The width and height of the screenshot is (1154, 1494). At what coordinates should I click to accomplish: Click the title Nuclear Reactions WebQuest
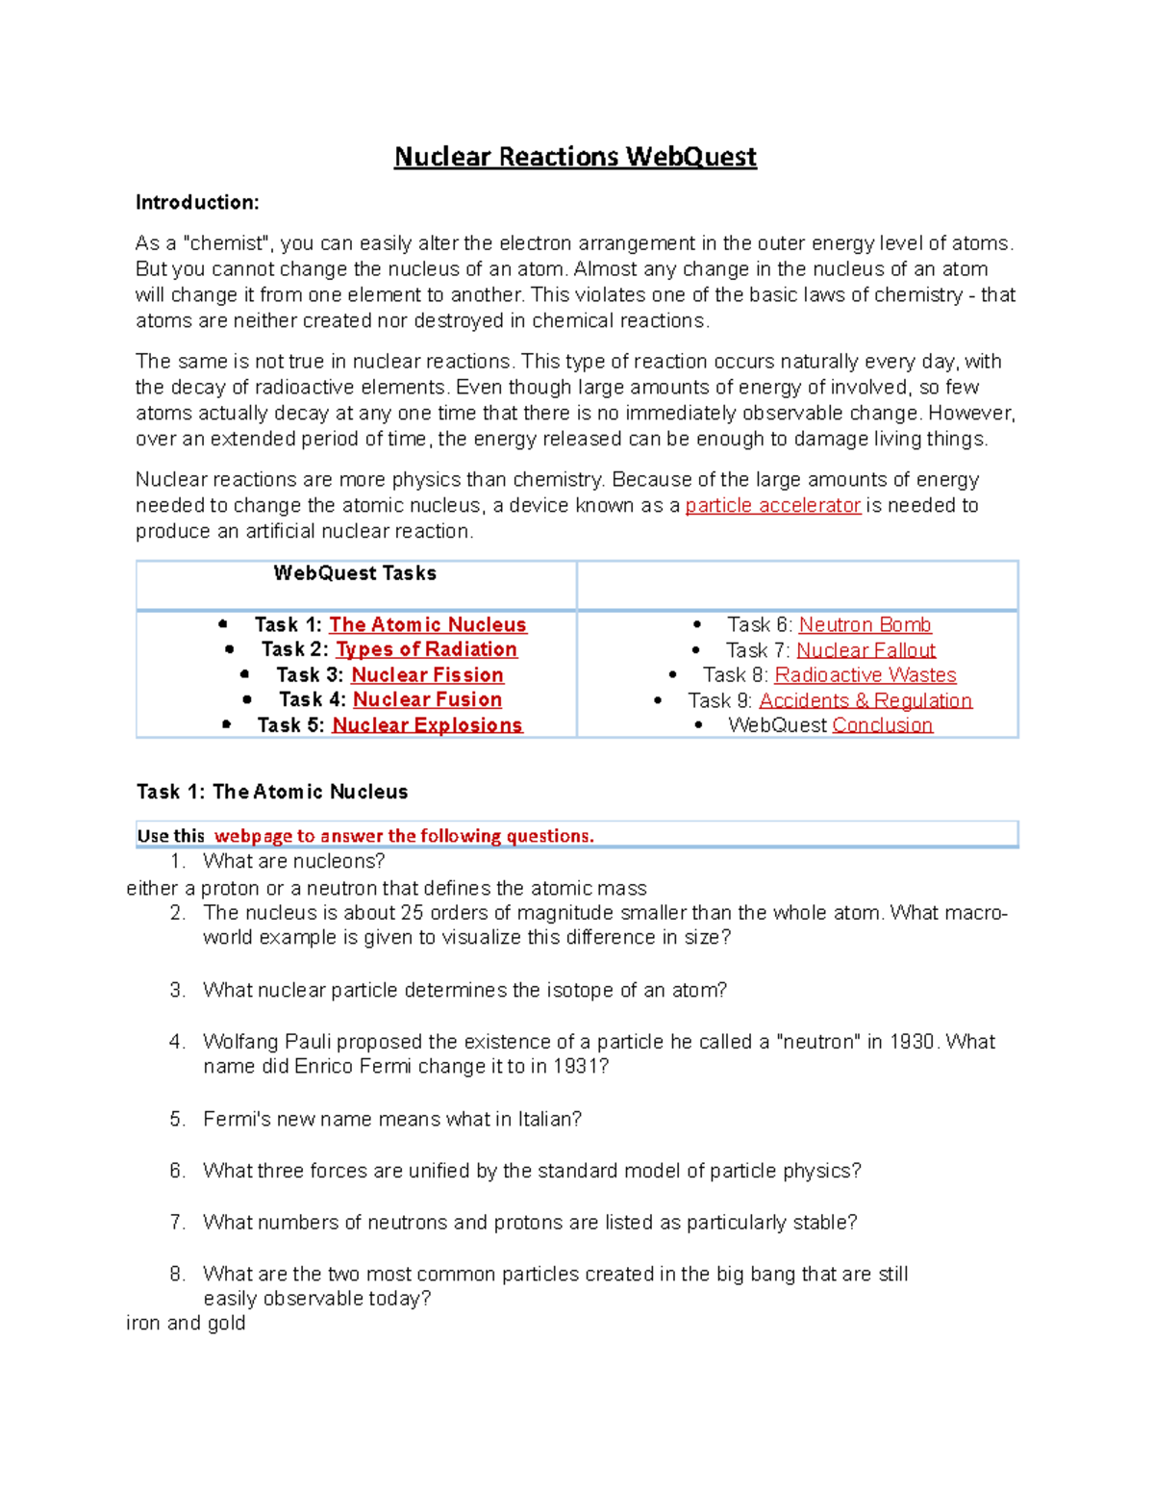pyautogui.click(x=575, y=157)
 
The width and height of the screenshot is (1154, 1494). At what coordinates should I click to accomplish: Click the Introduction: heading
pyautogui.click(x=197, y=202)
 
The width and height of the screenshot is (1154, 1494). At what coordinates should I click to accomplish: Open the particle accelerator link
pyautogui.click(x=772, y=506)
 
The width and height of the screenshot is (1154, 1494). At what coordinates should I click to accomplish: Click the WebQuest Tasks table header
pyautogui.click(x=355, y=573)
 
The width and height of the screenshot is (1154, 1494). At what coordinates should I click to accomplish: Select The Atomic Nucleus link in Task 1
pyautogui.click(x=428, y=625)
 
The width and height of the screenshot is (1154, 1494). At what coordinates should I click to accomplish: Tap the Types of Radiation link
pyautogui.click(x=426, y=650)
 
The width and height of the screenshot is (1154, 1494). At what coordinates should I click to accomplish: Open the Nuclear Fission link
pyautogui.click(x=427, y=675)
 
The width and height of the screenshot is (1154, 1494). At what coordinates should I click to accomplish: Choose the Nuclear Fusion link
pyautogui.click(x=427, y=700)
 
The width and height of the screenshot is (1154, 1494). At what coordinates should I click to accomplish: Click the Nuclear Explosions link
pyautogui.click(x=427, y=725)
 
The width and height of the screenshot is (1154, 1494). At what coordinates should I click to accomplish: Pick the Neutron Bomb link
pyautogui.click(x=865, y=625)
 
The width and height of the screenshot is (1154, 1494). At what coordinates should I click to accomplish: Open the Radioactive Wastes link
pyautogui.click(x=865, y=675)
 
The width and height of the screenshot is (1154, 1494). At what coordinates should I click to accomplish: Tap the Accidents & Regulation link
pyautogui.click(x=865, y=701)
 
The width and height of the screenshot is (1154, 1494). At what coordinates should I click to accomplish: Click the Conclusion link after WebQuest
pyautogui.click(x=882, y=725)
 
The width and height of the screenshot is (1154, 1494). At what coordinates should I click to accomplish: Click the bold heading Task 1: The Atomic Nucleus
pyautogui.click(x=272, y=792)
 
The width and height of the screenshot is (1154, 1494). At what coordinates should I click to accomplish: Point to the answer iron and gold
pyautogui.click(x=186, y=1324)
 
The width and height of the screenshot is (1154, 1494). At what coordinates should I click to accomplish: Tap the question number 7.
pyautogui.click(x=177, y=1223)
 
